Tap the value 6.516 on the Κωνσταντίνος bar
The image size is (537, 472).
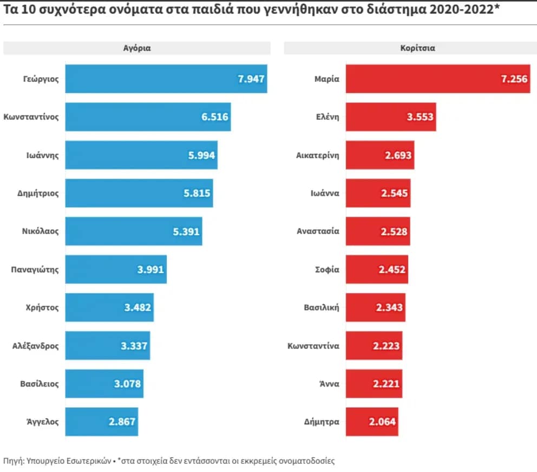(x=214, y=117)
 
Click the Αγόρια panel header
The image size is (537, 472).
(x=137, y=48)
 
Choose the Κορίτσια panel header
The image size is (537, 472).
(x=410, y=48)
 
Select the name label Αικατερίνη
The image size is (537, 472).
(x=317, y=155)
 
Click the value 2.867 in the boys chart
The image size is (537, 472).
(x=122, y=422)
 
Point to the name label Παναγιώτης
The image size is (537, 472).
(x=35, y=269)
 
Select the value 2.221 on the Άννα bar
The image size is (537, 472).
(x=386, y=384)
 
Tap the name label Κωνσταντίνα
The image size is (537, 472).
(x=313, y=345)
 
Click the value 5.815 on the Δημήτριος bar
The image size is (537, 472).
(x=197, y=193)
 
